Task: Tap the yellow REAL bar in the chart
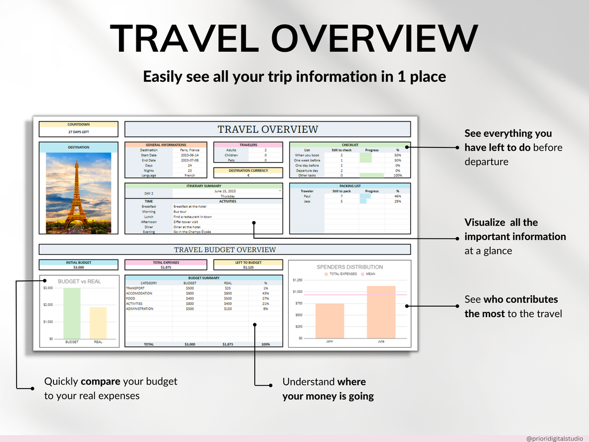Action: (98, 322)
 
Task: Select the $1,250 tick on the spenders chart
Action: (297, 280)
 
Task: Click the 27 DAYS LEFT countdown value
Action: (78, 131)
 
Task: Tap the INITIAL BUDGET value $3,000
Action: (78, 267)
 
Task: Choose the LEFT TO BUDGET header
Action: (248, 262)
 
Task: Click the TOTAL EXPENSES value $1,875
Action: (166, 267)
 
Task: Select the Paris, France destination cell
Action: (189, 150)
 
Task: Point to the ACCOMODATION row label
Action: (140, 293)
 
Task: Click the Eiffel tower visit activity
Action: (188, 222)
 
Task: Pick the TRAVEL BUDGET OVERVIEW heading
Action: (225, 250)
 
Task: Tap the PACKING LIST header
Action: (350, 186)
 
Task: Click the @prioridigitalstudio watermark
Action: (554, 437)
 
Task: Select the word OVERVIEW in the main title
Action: (374, 39)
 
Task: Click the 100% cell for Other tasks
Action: (397, 176)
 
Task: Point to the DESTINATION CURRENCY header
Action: (248, 170)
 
